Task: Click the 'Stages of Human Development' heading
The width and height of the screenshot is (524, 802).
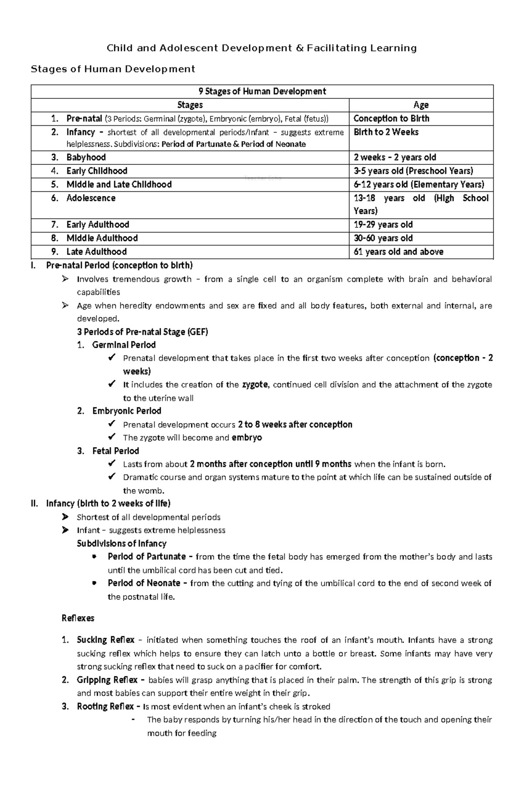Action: click(x=112, y=69)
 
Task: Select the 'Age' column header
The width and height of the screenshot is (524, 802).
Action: click(x=421, y=105)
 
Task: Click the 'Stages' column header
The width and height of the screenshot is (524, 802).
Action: click(x=190, y=105)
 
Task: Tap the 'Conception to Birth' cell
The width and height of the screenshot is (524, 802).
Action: click(x=391, y=118)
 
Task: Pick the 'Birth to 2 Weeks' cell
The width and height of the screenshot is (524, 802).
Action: click(x=386, y=132)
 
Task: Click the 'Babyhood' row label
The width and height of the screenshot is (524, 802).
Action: click(x=86, y=157)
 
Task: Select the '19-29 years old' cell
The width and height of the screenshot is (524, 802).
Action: click(x=383, y=225)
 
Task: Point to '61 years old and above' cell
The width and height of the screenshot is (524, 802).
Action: click(x=398, y=252)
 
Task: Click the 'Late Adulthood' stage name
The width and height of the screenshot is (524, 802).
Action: click(x=97, y=252)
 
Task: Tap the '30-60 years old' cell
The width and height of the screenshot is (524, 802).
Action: click(x=383, y=238)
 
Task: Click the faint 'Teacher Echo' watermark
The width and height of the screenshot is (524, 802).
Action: click(x=262, y=178)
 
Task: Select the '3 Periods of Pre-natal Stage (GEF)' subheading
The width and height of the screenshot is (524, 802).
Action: click(x=142, y=332)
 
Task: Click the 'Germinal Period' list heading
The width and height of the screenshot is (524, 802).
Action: click(x=124, y=345)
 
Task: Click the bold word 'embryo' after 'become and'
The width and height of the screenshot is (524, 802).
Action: click(x=247, y=438)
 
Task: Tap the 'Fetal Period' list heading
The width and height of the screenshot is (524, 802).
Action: click(x=116, y=451)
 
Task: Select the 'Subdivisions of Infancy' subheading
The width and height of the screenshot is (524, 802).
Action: click(x=121, y=544)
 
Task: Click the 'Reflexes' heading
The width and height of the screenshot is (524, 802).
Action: click(x=78, y=618)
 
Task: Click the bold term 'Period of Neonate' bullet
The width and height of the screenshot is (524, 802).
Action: click(x=144, y=583)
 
